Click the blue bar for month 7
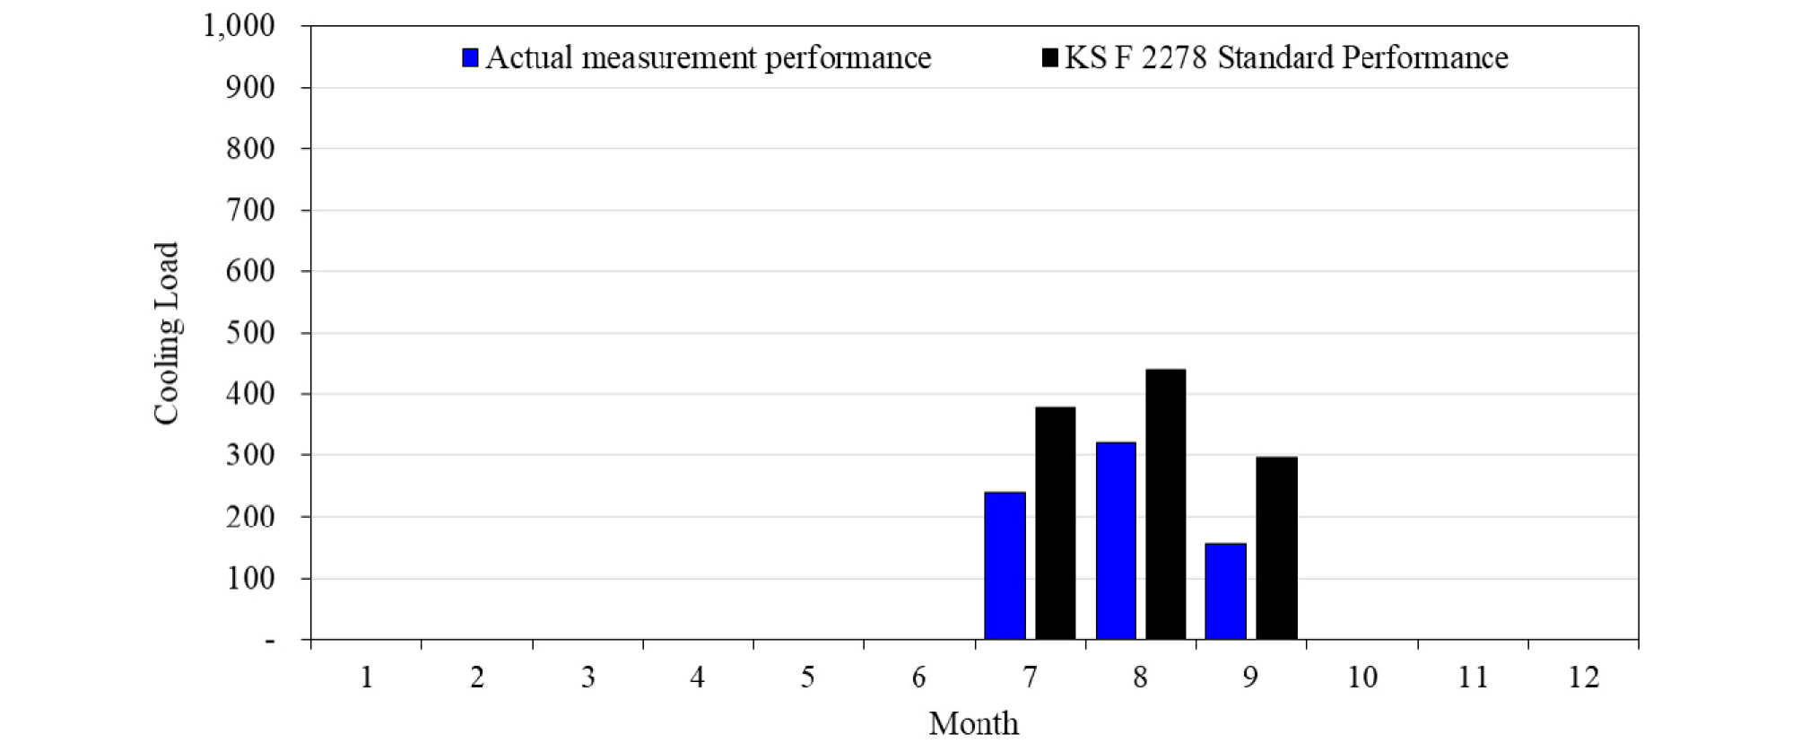pyautogui.click(x=1005, y=565)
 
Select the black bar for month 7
pyautogui.click(x=1056, y=523)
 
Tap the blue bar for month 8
pyautogui.click(x=1116, y=540)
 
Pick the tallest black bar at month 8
pyautogui.click(x=1166, y=504)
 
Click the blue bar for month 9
pyautogui.click(x=1225, y=591)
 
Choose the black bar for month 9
pyautogui.click(x=1276, y=548)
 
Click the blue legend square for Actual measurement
pyautogui.click(x=470, y=58)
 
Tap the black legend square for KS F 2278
pyautogui.click(x=1049, y=58)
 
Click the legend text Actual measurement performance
pyautogui.click(x=708, y=58)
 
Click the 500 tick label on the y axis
pyautogui.click(x=250, y=333)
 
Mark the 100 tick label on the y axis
pyautogui.click(x=250, y=579)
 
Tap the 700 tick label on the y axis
pyautogui.click(x=250, y=210)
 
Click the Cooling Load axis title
pyautogui.click(x=167, y=333)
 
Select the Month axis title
pyautogui.click(x=973, y=723)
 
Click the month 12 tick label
pyautogui.click(x=1583, y=677)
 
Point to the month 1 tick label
pyautogui.click(x=366, y=677)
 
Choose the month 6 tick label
pyautogui.click(x=918, y=677)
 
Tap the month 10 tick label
pyautogui.click(x=1362, y=677)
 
